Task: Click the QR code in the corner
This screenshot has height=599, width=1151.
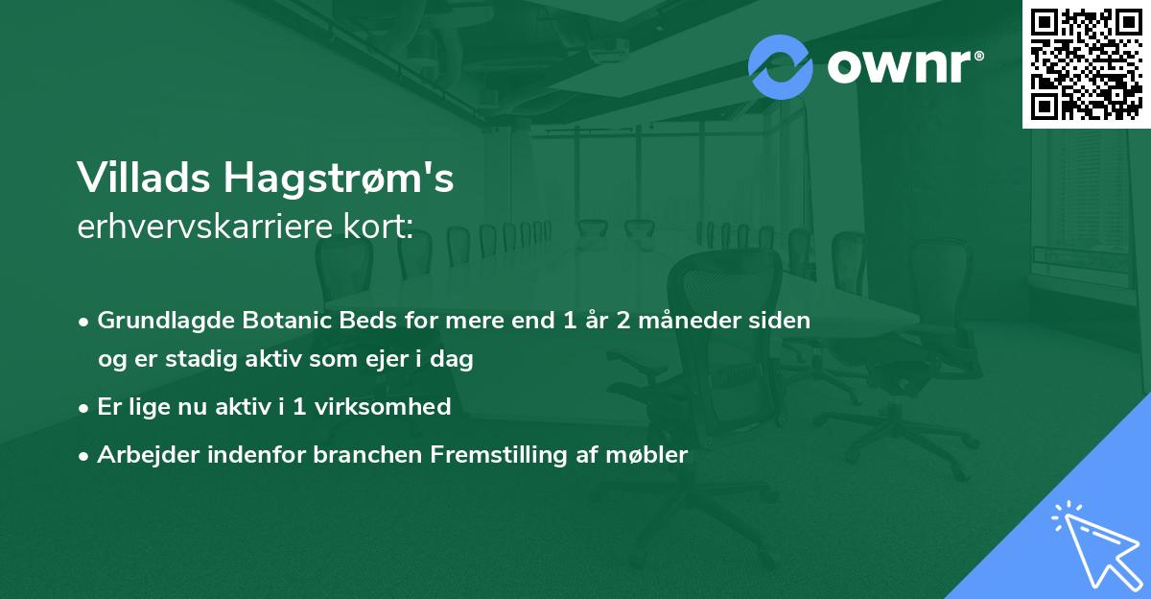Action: click(1087, 64)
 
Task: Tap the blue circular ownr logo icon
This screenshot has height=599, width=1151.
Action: click(781, 67)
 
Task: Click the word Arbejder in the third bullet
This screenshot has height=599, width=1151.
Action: click(140, 455)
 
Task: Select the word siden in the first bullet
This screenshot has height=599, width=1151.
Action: click(784, 321)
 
